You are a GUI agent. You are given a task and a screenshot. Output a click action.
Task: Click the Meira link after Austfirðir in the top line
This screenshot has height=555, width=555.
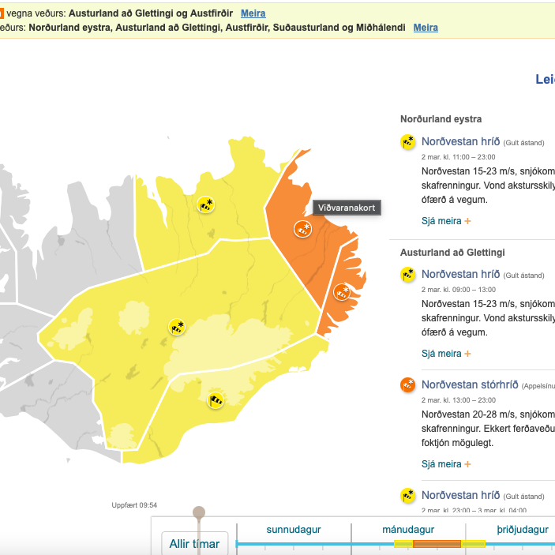pyautogui.click(x=253, y=13)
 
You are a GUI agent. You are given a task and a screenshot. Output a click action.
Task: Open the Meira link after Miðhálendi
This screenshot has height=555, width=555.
pyautogui.click(x=426, y=28)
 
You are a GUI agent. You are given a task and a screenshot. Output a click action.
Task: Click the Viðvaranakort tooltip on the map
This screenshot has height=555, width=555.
pyautogui.click(x=347, y=208)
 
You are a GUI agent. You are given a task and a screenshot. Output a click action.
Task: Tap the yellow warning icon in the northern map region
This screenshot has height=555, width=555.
pyautogui.click(x=206, y=204)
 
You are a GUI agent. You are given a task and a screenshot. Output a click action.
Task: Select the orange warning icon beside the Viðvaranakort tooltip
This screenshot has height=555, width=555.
pyautogui.click(x=302, y=230)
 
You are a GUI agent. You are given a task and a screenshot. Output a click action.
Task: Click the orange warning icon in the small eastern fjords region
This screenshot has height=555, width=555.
pyautogui.click(x=342, y=292)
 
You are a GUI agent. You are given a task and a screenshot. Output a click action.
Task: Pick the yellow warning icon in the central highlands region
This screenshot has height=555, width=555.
pyautogui.click(x=178, y=327)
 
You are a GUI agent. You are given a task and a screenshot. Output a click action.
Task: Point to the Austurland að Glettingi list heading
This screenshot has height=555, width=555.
pyautogui.click(x=452, y=253)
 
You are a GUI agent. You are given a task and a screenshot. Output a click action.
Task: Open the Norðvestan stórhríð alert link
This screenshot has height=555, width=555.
pyautogui.click(x=470, y=384)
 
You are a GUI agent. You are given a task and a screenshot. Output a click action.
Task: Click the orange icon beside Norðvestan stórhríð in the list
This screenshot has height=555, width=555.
pyautogui.click(x=407, y=385)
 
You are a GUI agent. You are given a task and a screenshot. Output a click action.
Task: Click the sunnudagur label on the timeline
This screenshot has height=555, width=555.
pyautogui.click(x=293, y=530)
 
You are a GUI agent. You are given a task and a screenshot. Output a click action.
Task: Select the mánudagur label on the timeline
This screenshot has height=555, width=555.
pyautogui.click(x=408, y=530)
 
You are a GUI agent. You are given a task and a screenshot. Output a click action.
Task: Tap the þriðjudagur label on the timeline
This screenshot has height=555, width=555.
pyautogui.click(x=522, y=530)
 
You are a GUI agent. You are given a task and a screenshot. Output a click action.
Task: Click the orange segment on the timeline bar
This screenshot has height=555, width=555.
pyautogui.click(x=437, y=544)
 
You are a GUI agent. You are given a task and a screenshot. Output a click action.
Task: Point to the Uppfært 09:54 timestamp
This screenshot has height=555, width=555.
pyautogui.click(x=134, y=505)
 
